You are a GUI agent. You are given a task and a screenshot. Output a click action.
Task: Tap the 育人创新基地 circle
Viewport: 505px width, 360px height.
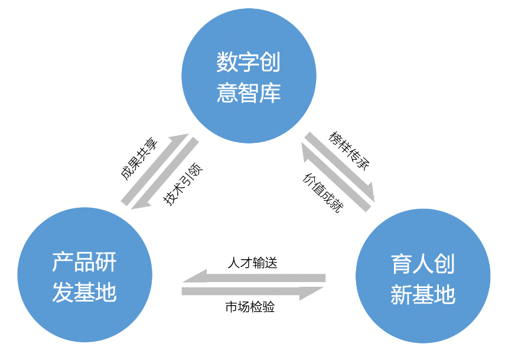(423, 277)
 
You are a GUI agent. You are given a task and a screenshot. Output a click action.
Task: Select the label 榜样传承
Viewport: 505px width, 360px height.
(349, 150)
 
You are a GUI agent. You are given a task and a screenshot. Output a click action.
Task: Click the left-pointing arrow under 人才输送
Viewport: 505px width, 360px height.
(254, 277)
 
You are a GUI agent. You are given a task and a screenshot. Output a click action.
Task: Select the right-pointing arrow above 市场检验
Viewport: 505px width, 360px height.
(254, 292)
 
